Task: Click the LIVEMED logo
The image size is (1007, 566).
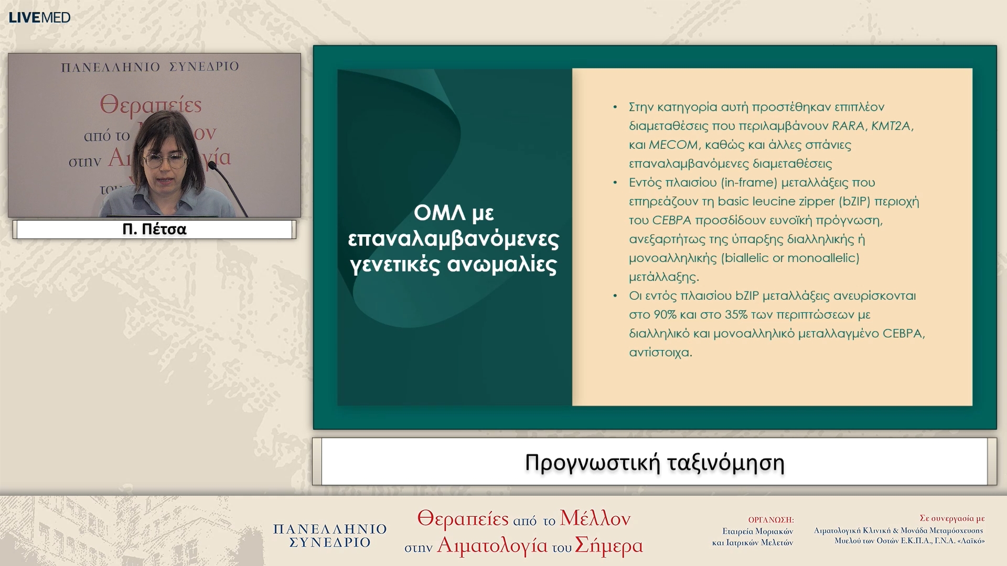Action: click(x=39, y=17)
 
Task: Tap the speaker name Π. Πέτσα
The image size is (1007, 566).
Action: click(x=154, y=230)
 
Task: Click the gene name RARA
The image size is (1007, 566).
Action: click(x=848, y=126)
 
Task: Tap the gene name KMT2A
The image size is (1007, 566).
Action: click(x=892, y=126)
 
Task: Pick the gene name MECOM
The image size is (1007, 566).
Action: click(x=673, y=145)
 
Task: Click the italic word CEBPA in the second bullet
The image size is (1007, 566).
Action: click(x=671, y=220)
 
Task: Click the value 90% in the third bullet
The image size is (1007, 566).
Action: click(x=665, y=314)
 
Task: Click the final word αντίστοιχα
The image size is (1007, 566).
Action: click(x=660, y=352)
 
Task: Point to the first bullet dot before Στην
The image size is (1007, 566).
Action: click(x=615, y=107)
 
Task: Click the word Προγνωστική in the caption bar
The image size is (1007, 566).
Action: click(x=592, y=463)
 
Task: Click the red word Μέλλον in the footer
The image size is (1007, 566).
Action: click(x=595, y=518)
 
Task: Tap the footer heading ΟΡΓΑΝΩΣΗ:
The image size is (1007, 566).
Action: click(x=770, y=520)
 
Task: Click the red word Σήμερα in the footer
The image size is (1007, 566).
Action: click(x=608, y=546)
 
